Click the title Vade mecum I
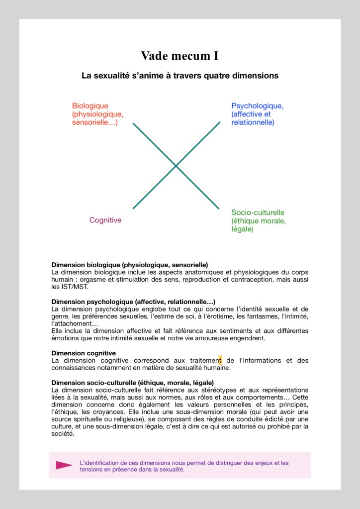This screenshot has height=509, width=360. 180,56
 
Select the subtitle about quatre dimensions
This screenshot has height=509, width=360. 180,76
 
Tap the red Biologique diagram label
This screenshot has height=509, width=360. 97,114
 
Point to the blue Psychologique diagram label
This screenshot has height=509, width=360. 257,114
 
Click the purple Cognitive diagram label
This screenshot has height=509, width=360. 105,220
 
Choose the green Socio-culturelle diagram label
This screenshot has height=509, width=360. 259,221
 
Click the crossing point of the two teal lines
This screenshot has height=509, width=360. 176,165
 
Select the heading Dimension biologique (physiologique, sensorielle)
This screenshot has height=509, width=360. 129,265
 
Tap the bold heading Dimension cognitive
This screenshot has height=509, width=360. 84,353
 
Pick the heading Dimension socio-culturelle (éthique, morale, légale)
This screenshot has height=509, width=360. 132,383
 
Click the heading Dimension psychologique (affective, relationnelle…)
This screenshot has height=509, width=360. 133,302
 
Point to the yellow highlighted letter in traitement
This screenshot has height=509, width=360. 220,360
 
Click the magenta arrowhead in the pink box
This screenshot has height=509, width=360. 64,465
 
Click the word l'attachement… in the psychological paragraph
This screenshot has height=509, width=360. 75,324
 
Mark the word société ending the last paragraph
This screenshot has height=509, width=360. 63,433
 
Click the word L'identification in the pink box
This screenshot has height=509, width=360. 100,463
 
